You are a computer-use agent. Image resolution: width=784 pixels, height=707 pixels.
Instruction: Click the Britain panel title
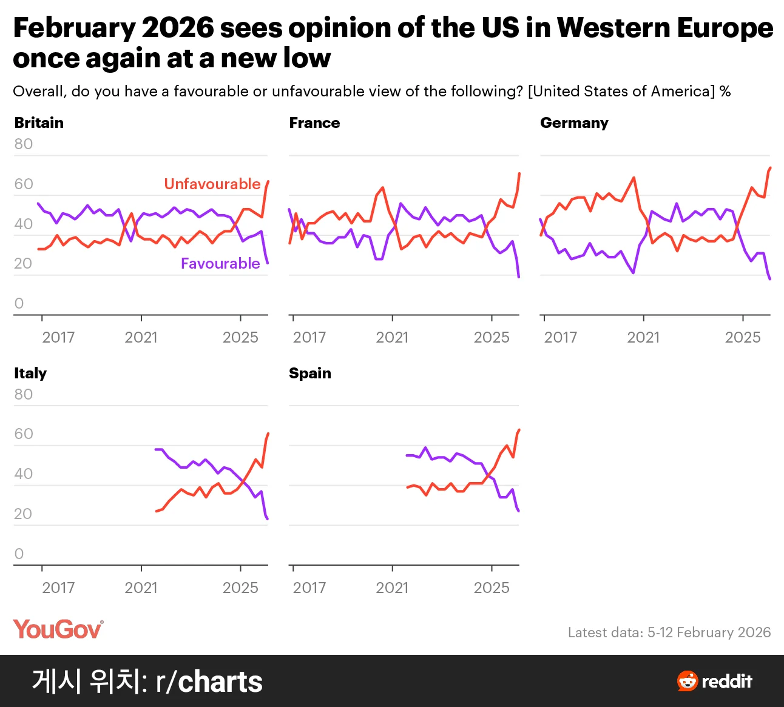pos(39,122)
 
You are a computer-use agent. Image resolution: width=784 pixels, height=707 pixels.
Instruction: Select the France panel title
pos(314,122)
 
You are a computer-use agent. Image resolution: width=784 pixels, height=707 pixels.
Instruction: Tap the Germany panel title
pos(574,123)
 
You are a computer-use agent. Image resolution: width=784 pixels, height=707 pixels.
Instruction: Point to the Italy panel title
pos(30,374)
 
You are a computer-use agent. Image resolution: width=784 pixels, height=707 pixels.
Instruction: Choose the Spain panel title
pos(310,374)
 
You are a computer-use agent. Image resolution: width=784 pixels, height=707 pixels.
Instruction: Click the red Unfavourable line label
pos(212,184)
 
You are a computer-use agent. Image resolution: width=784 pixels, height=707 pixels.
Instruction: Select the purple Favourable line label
pos(220,264)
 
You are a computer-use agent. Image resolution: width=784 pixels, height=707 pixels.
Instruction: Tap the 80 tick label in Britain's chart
pos(24,144)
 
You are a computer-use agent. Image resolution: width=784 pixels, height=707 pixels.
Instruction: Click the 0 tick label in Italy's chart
pos(19,554)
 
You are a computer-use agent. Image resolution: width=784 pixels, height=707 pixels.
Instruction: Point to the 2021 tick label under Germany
pos(643,338)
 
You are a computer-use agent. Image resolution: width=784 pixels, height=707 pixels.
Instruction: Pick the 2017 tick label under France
pos(309,338)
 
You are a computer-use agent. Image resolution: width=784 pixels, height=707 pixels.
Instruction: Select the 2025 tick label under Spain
pos(492,588)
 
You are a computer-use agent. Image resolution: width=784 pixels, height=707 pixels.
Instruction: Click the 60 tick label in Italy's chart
pos(24,434)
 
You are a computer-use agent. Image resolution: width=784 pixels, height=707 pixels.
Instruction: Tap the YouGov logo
pos(58,629)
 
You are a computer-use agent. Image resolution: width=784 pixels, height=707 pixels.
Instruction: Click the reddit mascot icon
pos(688,681)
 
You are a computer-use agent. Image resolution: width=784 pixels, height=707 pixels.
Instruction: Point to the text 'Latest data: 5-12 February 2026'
pos(669,632)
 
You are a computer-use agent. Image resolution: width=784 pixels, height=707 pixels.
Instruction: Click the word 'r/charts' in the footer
pos(209,682)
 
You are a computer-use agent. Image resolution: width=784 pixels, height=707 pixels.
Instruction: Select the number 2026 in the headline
pos(178,28)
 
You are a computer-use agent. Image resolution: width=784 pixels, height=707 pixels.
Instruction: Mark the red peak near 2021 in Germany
pos(634,178)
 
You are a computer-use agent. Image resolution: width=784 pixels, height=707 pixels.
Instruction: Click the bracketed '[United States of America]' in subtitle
pos(621,92)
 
